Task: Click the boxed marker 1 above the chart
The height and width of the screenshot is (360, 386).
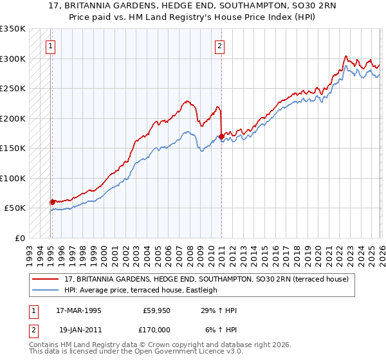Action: point(50,46)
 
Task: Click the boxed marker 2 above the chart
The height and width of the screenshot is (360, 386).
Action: point(220,46)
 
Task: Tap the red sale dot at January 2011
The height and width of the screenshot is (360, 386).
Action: point(221,136)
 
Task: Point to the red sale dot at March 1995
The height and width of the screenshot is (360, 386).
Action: point(52,202)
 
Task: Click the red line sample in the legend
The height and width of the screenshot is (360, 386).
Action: point(46,279)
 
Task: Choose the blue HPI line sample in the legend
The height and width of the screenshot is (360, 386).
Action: point(46,290)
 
